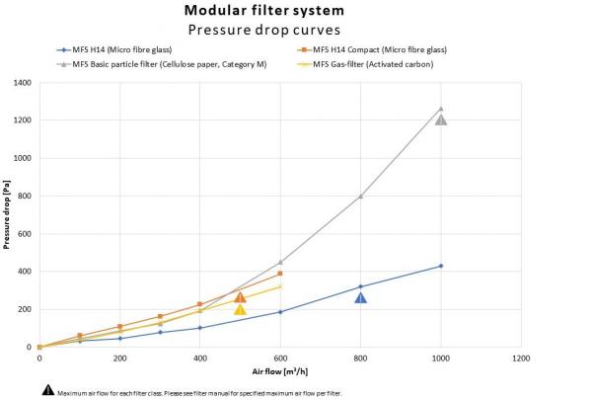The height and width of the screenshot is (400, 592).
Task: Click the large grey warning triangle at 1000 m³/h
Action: [x=441, y=120]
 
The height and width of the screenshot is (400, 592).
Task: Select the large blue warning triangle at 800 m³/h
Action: [x=361, y=297]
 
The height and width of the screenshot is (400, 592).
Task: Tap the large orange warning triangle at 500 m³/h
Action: [x=240, y=296]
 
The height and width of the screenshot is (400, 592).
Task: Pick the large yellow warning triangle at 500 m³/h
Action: [x=240, y=309]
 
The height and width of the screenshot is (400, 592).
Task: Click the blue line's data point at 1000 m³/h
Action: [x=441, y=266]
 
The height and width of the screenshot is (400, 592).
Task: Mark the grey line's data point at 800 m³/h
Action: [x=361, y=196]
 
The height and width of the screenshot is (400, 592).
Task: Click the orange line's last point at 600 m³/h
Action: [x=280, y=274]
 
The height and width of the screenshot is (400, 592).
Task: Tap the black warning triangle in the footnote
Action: [x=47, y=391]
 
